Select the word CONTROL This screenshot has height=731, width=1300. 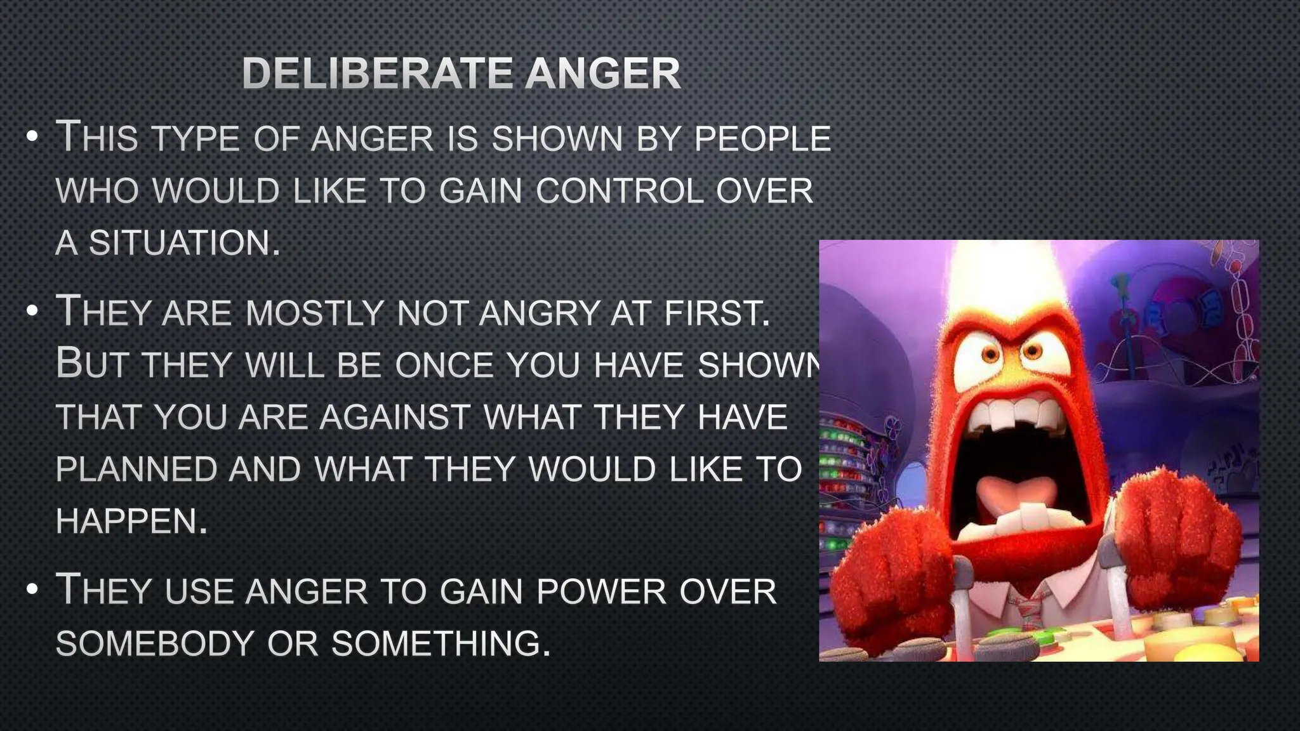click(620, 191)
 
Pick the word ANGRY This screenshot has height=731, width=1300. click(539, 313)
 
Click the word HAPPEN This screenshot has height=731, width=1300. click(131, 522)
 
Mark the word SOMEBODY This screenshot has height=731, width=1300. click(155, 643)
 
